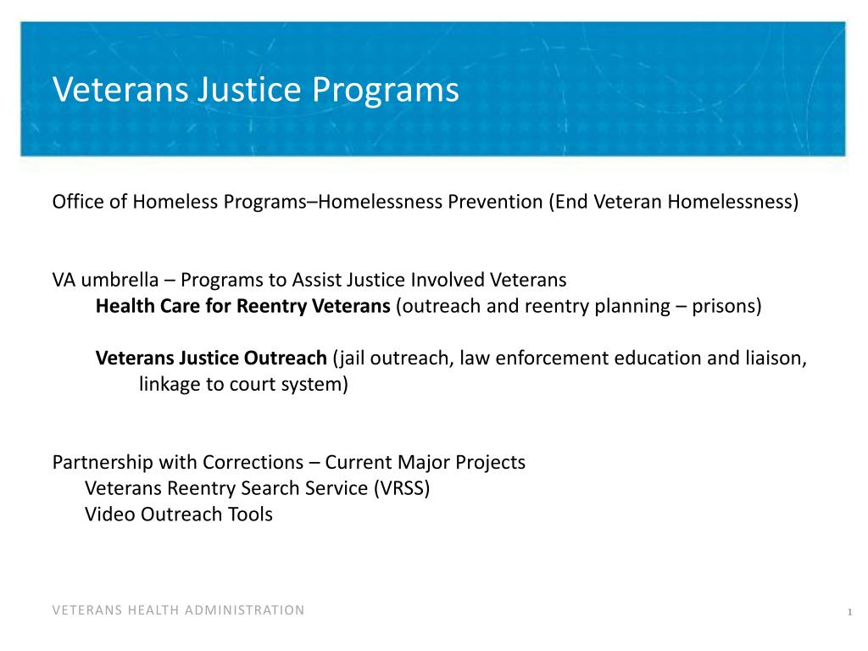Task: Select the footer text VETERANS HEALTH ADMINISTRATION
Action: [x=178, y=610]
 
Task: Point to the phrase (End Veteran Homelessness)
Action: [x=673, y=202]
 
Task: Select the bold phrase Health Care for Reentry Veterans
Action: [x=242, y=306]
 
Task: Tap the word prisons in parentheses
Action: [x=725, y=306]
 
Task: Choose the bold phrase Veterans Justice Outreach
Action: [x=211, y=358]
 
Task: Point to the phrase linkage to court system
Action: [x=242, y=384]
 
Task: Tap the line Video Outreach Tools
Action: [x=179, y=515]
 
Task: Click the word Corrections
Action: [x=253, y=463]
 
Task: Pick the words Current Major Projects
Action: [x=426, y=463]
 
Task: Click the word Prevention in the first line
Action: [x=494, y=202]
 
